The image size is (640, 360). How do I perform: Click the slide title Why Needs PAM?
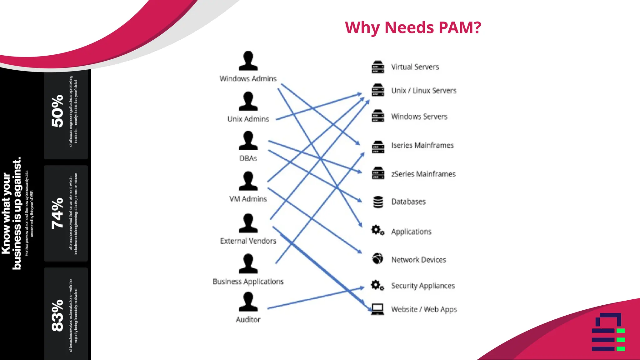(x=413, y=27)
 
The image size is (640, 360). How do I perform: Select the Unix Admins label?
(x=248, y=119)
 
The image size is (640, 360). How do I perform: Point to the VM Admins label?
(x=248, y=199)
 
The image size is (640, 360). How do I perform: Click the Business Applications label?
(x=248, y=282)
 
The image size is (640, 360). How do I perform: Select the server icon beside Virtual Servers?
(x=378, y=67)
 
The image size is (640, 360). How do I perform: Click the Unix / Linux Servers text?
(x=424, y=91)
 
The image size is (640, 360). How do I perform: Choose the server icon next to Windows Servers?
(x=378, y=116)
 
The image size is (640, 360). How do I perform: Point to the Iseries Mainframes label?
(x=422, y=145)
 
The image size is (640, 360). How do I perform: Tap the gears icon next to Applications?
(x=377, y=230)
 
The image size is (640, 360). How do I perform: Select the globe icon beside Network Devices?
(x=377, y=259)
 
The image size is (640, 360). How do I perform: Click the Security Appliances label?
(x=423, y=286)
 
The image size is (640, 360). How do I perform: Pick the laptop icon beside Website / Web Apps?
(x=377, y=309)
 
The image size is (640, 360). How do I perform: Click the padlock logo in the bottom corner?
(x=608, y=332)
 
